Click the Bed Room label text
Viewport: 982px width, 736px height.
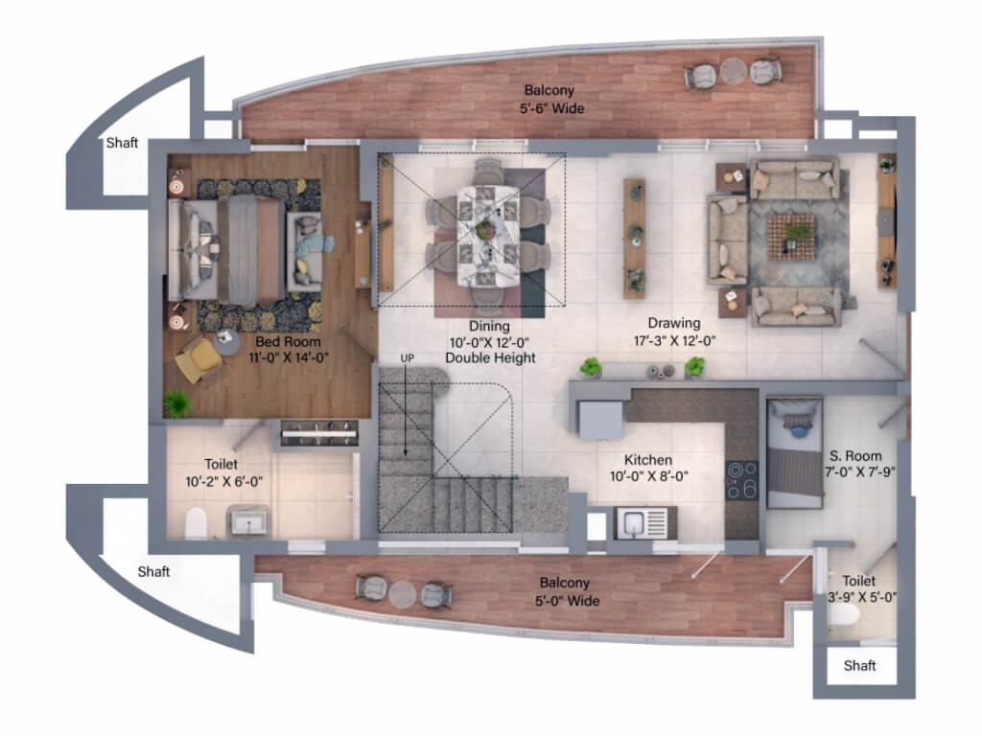[x=288, y=342]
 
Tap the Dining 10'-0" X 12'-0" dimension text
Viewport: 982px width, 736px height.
[x=490, y=343]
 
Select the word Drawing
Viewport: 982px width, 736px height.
[x=674, y=324]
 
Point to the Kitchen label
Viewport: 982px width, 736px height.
[x=648, y=459]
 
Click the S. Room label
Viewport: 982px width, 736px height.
[x=855, y=455]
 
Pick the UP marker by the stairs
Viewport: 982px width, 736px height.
[x=407, y=358]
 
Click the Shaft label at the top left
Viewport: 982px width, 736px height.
[x=122, y=143]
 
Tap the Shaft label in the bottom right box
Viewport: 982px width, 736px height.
[x=859, y=665]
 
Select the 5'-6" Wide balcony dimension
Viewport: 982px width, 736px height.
[x=551, y=108]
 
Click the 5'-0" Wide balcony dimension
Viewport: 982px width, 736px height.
[x=567, y=601]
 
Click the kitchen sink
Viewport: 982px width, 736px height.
[x=642, y=523]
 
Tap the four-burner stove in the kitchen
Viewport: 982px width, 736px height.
[x=742, y=481]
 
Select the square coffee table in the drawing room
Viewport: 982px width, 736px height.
[x=791, y=238]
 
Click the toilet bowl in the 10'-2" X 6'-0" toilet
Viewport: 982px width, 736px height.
[x=196, y=523]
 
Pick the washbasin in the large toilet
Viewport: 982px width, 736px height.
[x=248, y=520]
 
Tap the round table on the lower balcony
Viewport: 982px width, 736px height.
[x=402, y=594]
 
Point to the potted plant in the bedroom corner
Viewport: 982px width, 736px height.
[x=177, y=404]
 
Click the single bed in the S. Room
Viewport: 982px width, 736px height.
[x=794, y=453]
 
